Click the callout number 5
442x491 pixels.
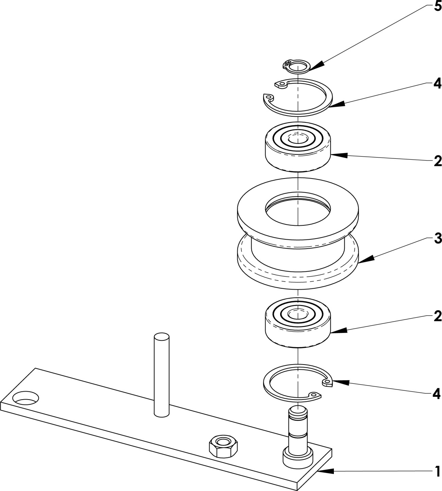(x=437, y=7)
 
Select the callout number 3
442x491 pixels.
(x=438, y=239)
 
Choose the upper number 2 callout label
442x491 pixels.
(x=438, y=161)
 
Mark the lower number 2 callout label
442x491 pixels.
(x=438, y=316)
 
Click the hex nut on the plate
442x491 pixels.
(x=223, y=446)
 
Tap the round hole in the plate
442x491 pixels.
(x=26, y=397)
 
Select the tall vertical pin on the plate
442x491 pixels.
(x=161, y=374)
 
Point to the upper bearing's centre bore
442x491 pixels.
(x=297, y=139)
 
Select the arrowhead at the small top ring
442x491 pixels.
(x=314, y=65)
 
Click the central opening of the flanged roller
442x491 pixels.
(x=297, y=210)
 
